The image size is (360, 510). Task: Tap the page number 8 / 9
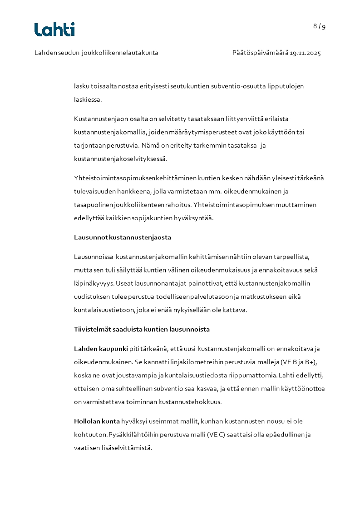click(319, 26)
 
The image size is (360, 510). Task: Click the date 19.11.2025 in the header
click(306, 53)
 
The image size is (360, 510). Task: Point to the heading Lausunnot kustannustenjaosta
click(123, 238)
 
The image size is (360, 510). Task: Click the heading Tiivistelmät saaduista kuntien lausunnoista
click(142, 329)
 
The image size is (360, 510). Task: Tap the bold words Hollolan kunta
click(97, 421)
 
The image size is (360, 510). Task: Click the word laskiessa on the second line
click(87, 99)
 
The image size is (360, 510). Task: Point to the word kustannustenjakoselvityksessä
click(120, 159)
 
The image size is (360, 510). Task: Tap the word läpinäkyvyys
click(94, 283)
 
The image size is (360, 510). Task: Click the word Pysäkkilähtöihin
click(131, 435)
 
